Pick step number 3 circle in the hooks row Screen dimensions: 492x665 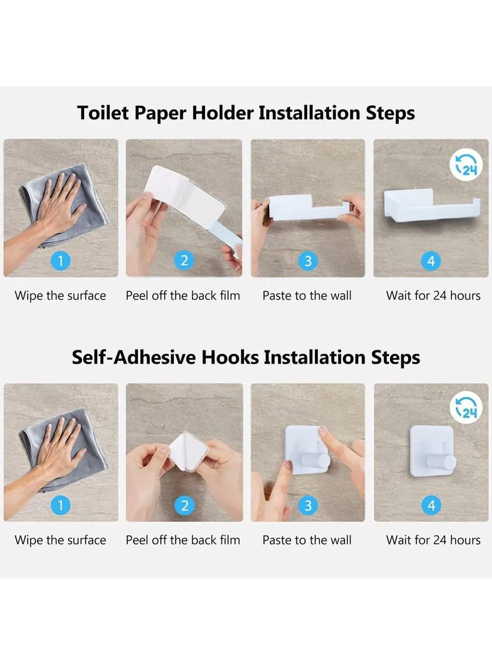(x=308, y=505)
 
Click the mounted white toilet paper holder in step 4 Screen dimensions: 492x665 (x=432, y=206)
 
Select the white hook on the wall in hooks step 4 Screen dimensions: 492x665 (x=432, y=456)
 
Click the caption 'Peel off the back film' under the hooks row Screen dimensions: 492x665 (x=183, y=540)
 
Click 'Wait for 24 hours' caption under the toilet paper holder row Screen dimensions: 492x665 (x=433, y=296)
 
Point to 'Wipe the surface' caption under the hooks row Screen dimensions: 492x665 (x=60, y=540)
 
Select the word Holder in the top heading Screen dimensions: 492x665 (x=223, y=113)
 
